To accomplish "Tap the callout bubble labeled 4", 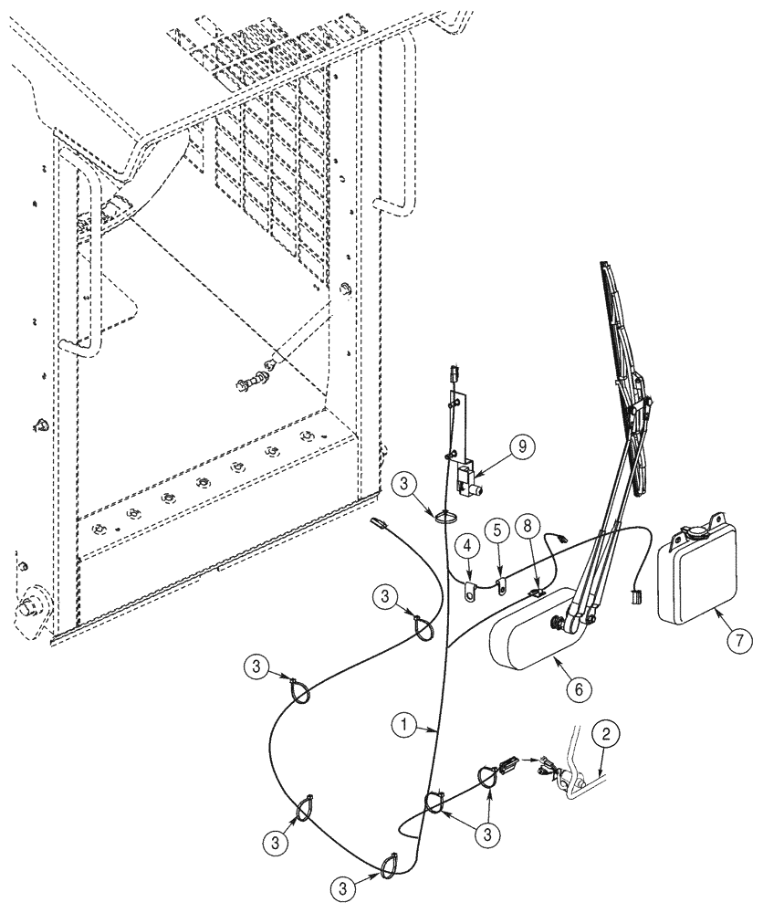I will [465, 548].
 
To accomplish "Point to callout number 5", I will [497, 529].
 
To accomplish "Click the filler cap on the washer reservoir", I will [696, 530].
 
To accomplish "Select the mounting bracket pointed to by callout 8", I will [537, 593].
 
